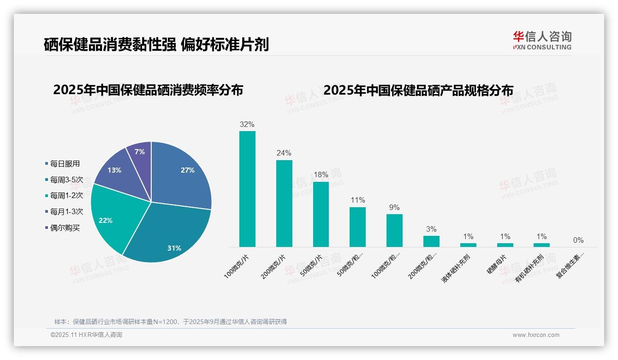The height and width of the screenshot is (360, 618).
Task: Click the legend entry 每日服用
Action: [x=65, y=164]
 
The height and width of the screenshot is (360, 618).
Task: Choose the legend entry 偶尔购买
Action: [x=65, y=228]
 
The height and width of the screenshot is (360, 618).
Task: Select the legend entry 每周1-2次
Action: [x=66, y=196]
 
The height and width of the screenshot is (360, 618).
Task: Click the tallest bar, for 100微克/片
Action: [x=247, y=189]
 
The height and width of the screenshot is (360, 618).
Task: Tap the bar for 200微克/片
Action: [x=284, y=203]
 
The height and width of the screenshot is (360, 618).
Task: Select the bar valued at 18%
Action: [x=321, y=214]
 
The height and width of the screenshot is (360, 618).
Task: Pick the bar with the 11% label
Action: [x=357, y=227]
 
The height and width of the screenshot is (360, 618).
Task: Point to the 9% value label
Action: [x=394, y=208]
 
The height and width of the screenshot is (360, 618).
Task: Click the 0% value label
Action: [x=578, y=240]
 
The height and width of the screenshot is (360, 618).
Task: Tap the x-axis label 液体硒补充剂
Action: [x=456, y=268]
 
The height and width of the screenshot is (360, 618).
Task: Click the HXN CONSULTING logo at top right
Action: [x=542, y=40]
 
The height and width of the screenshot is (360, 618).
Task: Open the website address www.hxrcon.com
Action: [x=536, y=335]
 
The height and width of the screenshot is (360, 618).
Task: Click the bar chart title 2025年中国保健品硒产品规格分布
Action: [x=418, y=90]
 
